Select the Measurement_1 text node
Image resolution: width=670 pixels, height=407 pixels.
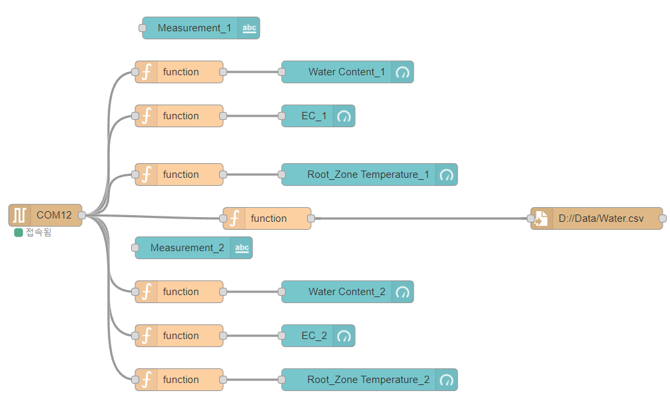(x=194, y=28)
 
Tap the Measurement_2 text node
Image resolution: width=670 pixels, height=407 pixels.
(x=186, y=248)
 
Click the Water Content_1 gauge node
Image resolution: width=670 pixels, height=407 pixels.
(x=346, y=72)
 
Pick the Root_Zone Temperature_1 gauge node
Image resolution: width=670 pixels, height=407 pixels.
(x=368, y=175)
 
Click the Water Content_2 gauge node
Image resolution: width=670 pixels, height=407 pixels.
(x=346, y=292)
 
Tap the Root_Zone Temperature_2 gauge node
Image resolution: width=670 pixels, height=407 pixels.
(x=368, y=380)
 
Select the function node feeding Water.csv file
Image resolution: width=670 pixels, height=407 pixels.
(x=268, y=218)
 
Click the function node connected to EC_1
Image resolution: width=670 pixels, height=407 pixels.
(x=180, y=116)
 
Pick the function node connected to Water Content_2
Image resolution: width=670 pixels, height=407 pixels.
(x=180, y=292)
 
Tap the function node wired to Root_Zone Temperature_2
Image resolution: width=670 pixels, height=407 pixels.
(x=180, y=380)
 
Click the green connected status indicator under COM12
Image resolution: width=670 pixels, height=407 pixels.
(x=19, y=233)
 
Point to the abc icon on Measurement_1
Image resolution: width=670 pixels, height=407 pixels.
(x=249, y=28)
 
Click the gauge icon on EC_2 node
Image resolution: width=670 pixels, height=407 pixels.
(x=344, y=336)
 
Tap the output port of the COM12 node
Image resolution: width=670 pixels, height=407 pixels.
(x=82, y=215)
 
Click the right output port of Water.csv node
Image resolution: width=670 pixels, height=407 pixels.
(x=662, y=218)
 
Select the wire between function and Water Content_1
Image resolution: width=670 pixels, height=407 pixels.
(x=252, y=72)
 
